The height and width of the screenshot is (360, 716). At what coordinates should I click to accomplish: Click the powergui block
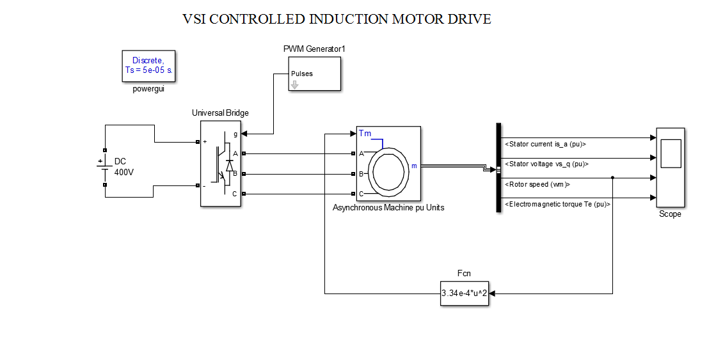click(x=148, y=67)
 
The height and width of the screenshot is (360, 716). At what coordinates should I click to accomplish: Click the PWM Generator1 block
click(x=314, y=74)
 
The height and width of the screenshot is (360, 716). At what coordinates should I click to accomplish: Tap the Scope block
click(x=670, y=168)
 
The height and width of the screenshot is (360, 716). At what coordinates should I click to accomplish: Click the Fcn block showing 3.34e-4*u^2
click(x=465, y=293)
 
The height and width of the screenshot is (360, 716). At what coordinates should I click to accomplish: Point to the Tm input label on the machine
click(x=364, y=133)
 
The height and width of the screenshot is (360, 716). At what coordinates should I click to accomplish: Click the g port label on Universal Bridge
click(x=235, y=134)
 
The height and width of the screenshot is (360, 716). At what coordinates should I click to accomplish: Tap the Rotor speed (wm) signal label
click(x=537, y=184)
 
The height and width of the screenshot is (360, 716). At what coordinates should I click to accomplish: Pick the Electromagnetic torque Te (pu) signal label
click(x=558, y=205)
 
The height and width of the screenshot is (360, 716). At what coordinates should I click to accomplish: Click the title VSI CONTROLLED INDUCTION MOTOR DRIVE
click(x=337, y=19)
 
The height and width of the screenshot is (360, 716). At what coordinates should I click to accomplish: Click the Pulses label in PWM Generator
click(x=302, y=74)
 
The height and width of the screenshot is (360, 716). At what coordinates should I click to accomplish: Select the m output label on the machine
click(x=413, y=166)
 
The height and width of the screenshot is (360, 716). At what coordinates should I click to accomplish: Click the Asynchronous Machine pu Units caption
click(x=388, y=208)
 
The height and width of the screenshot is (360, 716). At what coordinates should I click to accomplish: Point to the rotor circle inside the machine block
click(x=388, y=171)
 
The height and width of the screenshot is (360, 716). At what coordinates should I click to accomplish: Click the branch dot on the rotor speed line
click(x=613, y=178)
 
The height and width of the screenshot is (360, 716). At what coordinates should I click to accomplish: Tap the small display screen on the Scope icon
click(x=670, y=153)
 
